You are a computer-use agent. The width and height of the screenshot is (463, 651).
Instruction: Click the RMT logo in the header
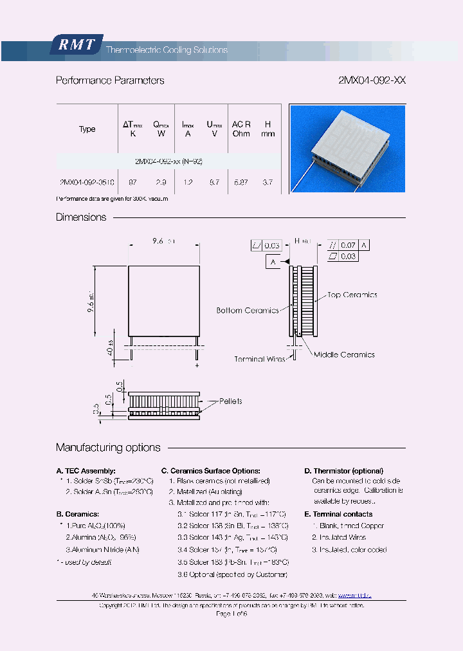point(76,45)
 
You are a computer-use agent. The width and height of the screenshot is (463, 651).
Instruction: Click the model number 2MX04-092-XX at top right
point(372,80)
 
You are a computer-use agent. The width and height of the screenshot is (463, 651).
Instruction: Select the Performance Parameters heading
point(110,80)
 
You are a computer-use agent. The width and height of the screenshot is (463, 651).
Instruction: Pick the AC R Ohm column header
point(241,128)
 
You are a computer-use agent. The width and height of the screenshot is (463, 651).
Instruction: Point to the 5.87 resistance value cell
point(241,183)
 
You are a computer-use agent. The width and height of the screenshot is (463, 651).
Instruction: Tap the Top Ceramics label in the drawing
point(352,295)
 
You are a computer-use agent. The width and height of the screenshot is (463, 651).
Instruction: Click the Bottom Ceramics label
point(248,310)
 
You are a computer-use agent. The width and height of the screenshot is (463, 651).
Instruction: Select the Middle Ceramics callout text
point(344,354)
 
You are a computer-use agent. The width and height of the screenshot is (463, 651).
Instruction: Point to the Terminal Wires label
point(260,359)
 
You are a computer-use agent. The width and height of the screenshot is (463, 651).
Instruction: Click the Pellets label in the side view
point(230,401)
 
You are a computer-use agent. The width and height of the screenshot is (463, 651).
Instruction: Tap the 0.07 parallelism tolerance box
point(349,245)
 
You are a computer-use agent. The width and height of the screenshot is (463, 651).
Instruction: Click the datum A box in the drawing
point(273,262)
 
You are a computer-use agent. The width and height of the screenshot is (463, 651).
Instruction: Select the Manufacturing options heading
point(108,447)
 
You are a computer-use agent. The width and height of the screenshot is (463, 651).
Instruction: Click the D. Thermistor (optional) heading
point(343,471)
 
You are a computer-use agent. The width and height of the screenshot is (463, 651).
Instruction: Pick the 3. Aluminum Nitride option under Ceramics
point(102,549)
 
